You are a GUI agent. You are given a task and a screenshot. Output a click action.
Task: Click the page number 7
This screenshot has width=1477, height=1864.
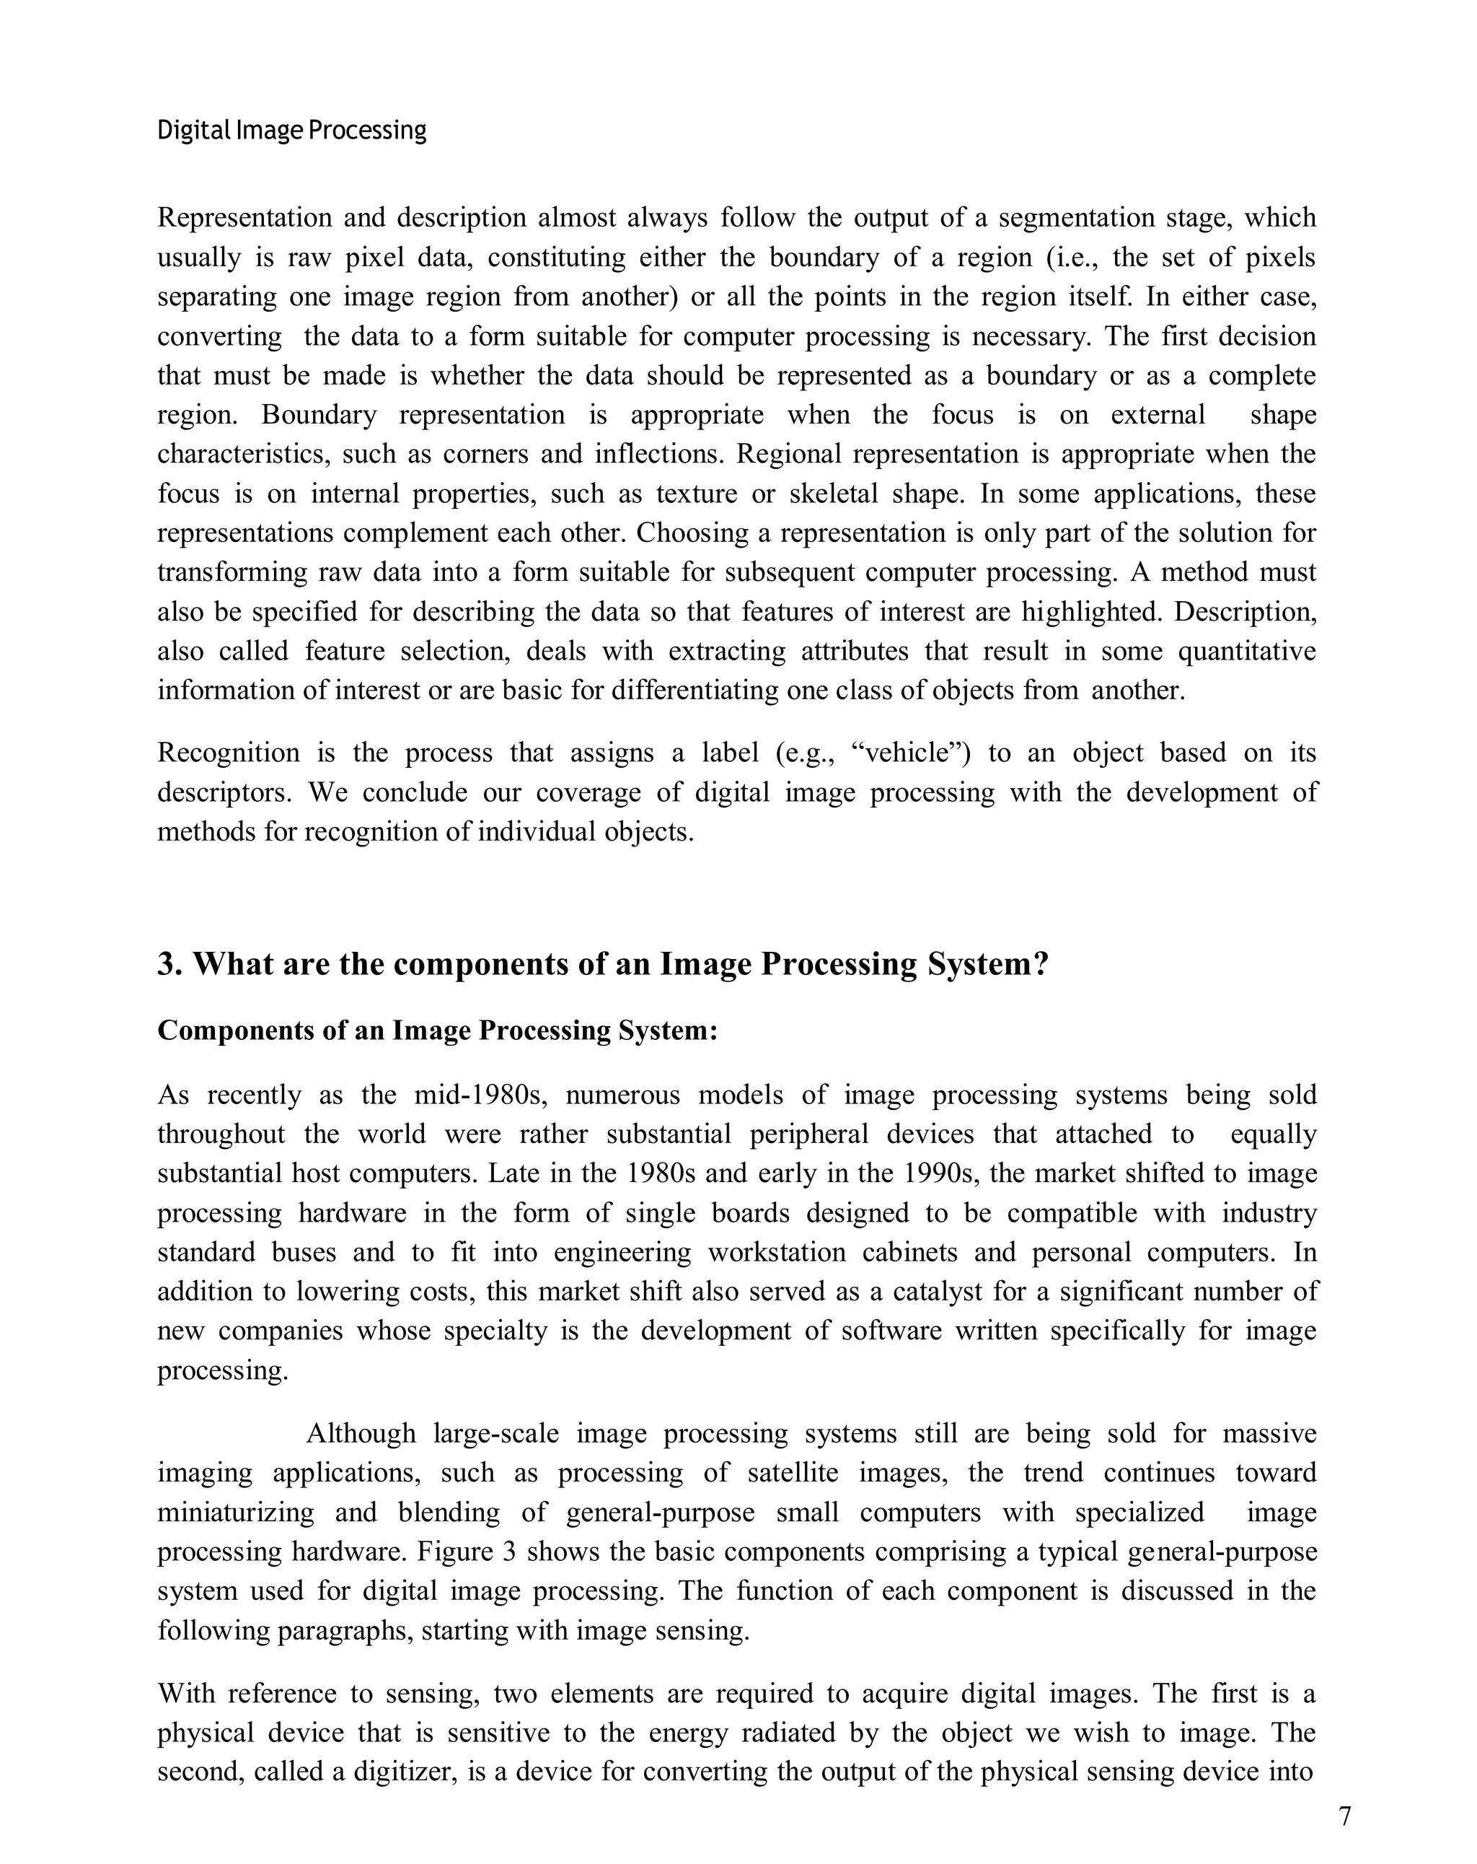click(1344, 1816)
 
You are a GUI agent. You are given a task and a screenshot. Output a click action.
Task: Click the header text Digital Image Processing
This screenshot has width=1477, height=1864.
click(291, 131)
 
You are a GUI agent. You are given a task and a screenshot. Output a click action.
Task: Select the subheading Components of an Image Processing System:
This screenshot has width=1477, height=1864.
click(437, 1031)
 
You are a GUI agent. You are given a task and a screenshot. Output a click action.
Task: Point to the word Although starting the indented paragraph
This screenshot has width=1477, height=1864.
click(361, 1433)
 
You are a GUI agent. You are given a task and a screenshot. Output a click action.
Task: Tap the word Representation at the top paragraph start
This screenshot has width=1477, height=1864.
click(244, 217)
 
